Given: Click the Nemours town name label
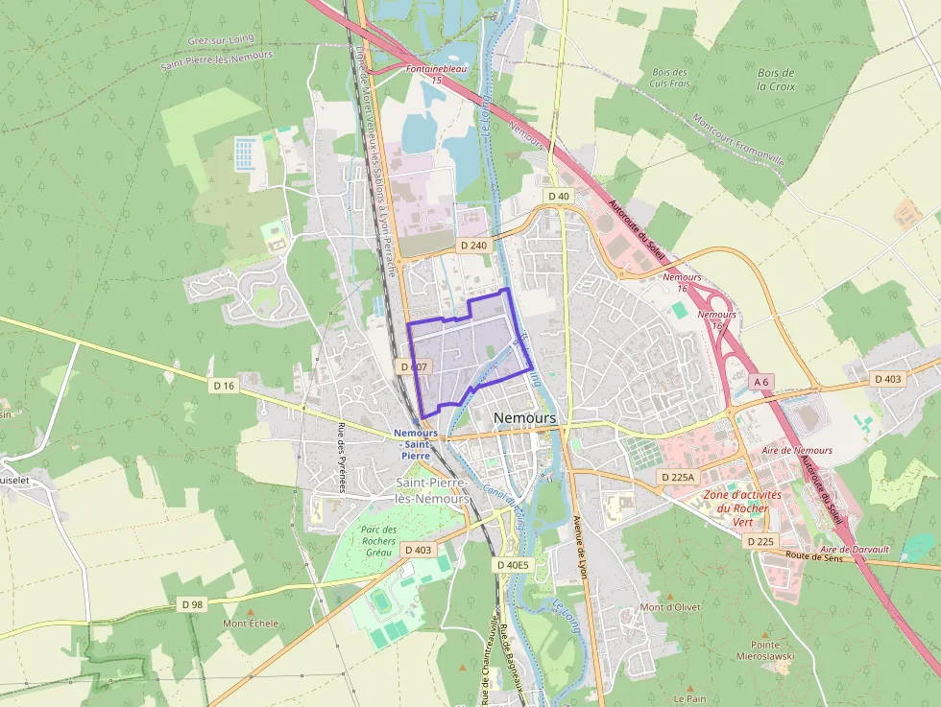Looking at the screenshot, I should tap(524, 418).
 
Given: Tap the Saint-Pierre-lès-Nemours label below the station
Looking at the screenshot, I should tap(432, 491).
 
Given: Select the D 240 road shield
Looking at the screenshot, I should tap(474, 246).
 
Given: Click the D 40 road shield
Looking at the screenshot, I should tap(559, 196).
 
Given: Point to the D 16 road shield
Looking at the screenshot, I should tap(224, 385).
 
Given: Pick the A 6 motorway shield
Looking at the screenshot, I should tap(761, 382).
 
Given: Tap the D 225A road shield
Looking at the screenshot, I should tap(677, 477).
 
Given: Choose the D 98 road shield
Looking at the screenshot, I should tap(192, 604).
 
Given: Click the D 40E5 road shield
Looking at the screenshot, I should tap(513, 565).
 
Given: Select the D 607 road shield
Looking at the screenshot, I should tap(412, 366).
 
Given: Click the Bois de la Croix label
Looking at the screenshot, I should tap(775, 79).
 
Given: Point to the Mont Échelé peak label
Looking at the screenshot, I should tap(251, 624).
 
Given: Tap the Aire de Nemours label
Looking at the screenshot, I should tap(796, 450).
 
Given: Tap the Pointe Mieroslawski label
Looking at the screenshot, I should tap(765, 650).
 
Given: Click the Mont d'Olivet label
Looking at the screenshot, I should tap(670, 607).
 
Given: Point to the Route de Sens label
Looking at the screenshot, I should tap(812, 556).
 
